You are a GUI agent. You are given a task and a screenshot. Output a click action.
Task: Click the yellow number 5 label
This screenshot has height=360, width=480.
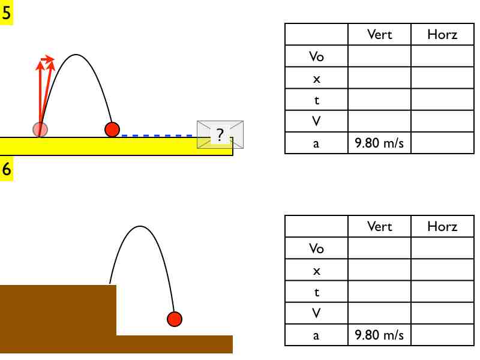coord(7,12)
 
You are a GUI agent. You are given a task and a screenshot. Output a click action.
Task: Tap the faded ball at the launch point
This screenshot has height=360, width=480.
coord(40,129)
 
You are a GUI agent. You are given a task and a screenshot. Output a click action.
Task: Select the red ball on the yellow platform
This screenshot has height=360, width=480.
coord(112,129)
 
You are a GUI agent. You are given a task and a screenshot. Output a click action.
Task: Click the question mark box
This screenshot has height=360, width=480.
coord(220,135)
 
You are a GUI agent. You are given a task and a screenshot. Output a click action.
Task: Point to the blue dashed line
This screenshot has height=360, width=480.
coord(159,136)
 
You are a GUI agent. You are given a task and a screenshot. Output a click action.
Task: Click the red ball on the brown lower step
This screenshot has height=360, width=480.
coord(174,319)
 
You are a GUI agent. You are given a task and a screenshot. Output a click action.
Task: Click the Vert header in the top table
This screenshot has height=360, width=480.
coord(379,35)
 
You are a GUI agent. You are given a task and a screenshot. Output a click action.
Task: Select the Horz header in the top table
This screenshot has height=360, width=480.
coord(442,35)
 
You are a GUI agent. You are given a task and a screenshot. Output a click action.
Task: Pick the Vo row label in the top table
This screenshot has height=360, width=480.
coord(316,56)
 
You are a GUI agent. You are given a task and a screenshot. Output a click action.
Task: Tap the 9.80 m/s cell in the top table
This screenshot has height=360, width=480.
coord(379,143)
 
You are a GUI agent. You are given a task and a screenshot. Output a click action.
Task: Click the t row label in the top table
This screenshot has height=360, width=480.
coord(316,100)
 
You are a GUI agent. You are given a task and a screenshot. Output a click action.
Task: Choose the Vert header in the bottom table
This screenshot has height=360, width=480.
coord(379,227)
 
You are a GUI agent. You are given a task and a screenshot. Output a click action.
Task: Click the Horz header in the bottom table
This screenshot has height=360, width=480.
coord(442,227)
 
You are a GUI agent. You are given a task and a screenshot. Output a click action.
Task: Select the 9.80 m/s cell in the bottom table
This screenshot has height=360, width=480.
coord(379,335)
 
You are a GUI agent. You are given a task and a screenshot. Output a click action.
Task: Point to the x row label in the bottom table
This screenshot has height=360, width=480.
coord(316,270)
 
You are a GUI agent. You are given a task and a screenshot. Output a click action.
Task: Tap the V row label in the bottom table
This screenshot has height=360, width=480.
coord(316,313)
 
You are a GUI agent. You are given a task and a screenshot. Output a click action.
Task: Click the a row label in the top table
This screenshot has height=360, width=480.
coord(316,143)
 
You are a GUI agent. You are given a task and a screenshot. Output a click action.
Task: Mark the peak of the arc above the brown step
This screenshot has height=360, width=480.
coord(140,226)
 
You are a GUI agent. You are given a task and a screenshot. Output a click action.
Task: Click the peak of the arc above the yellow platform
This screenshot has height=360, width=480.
coord(76,55)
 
